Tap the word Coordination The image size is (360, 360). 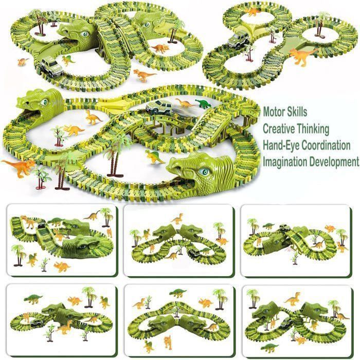point(326,146)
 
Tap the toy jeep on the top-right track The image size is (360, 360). point(239,41)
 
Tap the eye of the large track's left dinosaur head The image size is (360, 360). point(44,102)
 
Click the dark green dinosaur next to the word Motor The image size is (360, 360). point(203,104)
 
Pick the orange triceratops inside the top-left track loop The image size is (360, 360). point(160,48)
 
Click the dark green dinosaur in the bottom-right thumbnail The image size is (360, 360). point(269,347)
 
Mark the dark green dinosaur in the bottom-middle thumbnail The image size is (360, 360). point(178,293)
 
